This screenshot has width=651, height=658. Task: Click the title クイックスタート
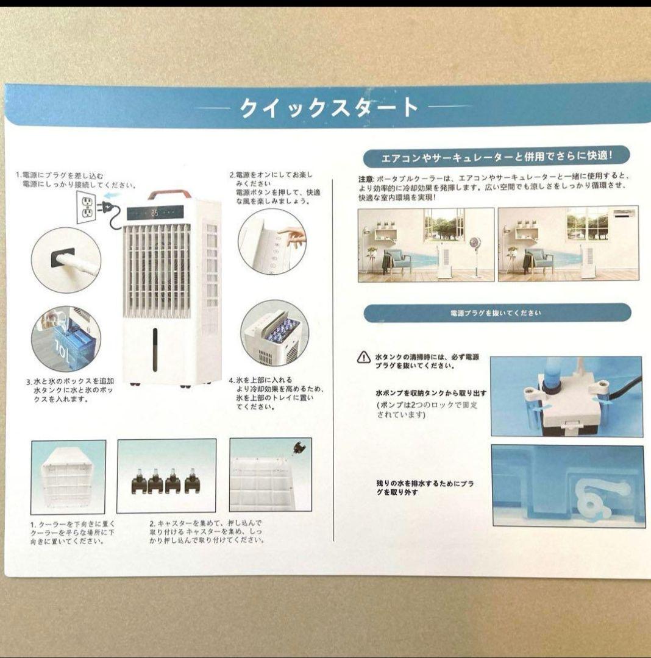coord(329,108)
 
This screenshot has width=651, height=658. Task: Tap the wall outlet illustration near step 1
coord(87,208)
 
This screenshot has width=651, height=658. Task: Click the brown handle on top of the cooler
coord(169,195)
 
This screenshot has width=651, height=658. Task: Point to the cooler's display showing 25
coord(155,213)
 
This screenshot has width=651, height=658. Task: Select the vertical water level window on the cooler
coord(155,350)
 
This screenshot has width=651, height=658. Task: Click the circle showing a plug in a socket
coord(65,259)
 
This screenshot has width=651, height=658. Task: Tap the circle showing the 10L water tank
coord(65,339)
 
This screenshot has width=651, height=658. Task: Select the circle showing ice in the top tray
coord(274,333)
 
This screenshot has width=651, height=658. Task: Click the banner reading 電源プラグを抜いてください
coord(497,313)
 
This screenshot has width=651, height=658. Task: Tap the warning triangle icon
coord(363,357)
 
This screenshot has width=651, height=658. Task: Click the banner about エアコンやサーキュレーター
coord(497,157)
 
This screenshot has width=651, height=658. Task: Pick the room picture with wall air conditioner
coord(567,244)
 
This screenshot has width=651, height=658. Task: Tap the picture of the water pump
coord(566,396)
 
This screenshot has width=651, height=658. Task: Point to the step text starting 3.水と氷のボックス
coord(69,390)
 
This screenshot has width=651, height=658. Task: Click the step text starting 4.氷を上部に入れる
coord(276,393)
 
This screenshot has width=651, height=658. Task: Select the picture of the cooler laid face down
coord(68,476)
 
